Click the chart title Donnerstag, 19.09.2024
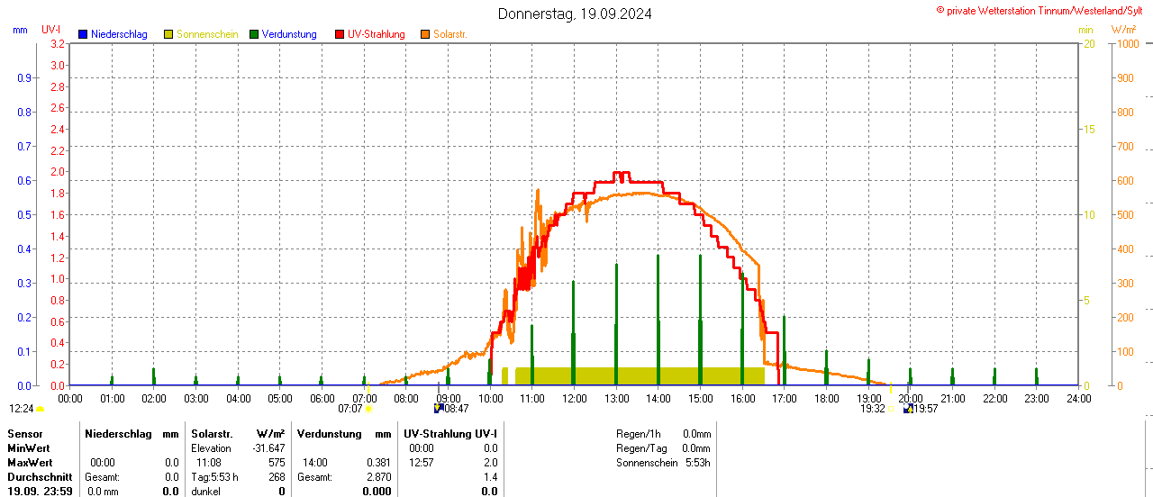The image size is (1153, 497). tap(575, 14)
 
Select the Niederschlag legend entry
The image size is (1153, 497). tap(113, 34)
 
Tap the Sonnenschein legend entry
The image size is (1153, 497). tap(201, 34)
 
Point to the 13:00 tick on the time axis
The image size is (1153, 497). tap(616, 398)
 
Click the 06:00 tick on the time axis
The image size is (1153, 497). tap(322, 398)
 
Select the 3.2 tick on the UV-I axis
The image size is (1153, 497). tap(57, 43)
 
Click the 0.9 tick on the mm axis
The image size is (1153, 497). tap(24, 77)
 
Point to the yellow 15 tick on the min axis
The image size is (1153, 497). tap(1089, 129)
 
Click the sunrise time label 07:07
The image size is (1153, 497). tap(350, 409)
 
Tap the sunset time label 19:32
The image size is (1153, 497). tap(872, 409)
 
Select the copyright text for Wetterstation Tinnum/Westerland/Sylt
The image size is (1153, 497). tap(1044, 10)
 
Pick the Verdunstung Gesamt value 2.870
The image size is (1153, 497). tap(379, 476)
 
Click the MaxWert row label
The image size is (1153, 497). tap(29, 462)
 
